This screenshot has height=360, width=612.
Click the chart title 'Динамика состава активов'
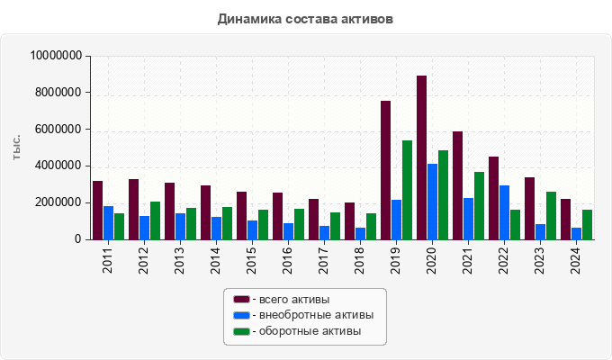pos(306,18)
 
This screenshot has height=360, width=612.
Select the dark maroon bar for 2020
pos(421,157)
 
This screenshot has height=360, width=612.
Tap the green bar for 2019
pos(407,190)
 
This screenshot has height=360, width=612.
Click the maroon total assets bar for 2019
pos(385,170)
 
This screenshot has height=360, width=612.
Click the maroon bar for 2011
pos(97,210)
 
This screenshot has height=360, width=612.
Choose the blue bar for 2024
pos(576,233)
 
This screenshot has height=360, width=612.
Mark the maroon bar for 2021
pos(457,185)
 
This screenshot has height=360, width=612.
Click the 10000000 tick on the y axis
pos(57,56)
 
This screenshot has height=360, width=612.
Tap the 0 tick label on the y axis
pos(78,239)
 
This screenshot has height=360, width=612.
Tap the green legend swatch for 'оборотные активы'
pos(241,331)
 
